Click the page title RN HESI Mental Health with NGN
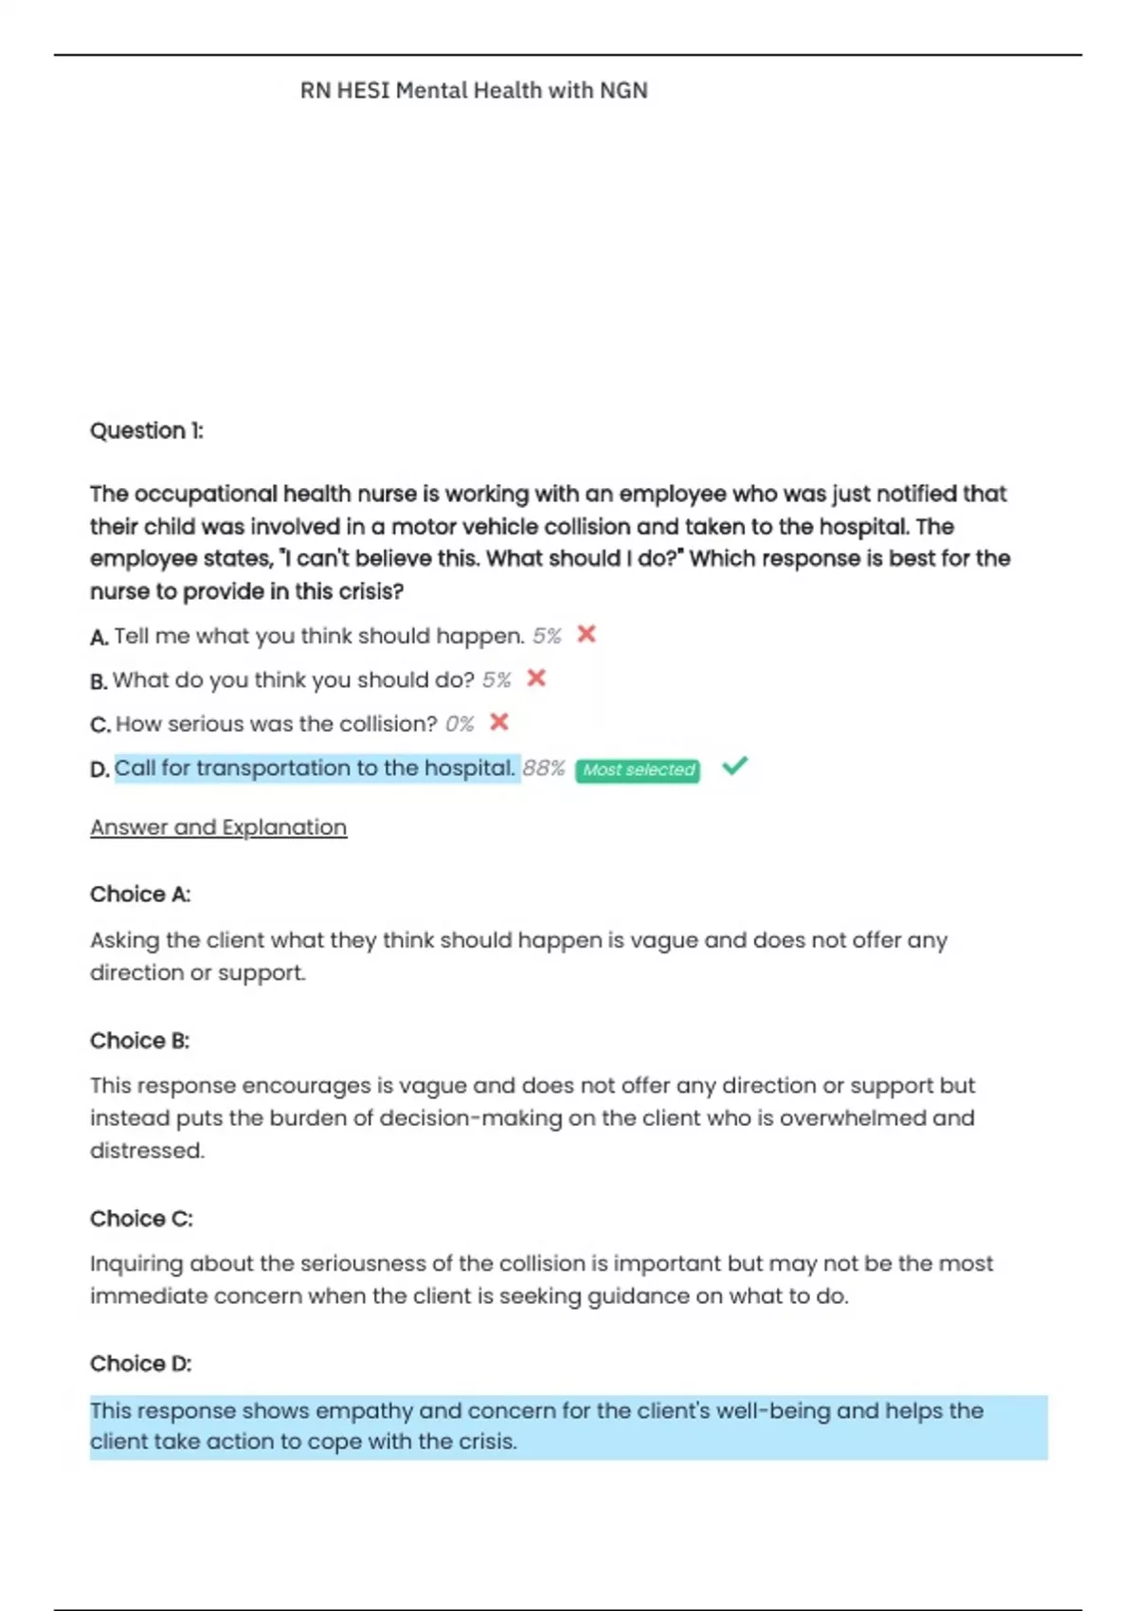point(474,91)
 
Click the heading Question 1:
point(147,431)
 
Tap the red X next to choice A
point(587,634)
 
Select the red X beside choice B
point(536,679)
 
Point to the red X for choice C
point(499,722)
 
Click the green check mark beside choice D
point(734,766)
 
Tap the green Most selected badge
point(638,770)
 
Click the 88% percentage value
point(544,769)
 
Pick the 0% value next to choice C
point(460,724)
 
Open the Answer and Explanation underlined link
point(218,827)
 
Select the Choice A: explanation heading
point(140,895)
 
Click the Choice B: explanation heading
point(140,1041)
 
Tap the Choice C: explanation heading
point(141,1219)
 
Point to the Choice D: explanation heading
point(141,1364)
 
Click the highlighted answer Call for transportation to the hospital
point(315,768)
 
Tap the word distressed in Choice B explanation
point(146,1150)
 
